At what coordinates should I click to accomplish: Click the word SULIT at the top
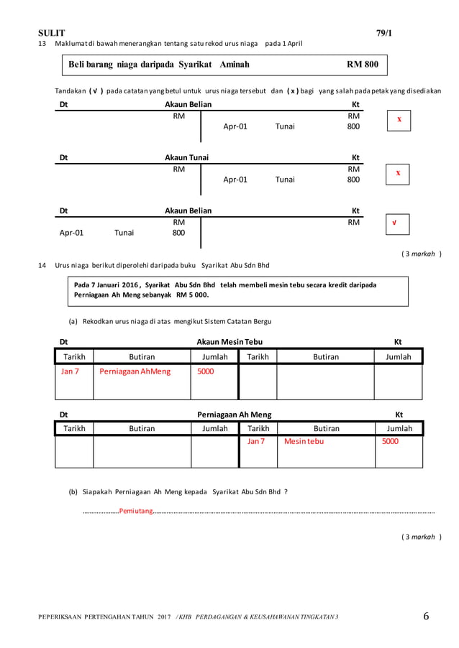click(51, 33)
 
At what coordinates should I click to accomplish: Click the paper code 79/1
click(384, 33)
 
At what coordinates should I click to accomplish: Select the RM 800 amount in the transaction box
click(362, 65)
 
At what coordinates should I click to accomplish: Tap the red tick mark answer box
click(394, 223)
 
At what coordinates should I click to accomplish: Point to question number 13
click(41, 44)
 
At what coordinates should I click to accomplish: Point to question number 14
click(41, 267)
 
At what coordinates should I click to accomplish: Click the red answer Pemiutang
click(136, 511)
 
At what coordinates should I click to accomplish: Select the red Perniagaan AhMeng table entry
click(135, 371)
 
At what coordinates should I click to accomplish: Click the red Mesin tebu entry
click(304, 441)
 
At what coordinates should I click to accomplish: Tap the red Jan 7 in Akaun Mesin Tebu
click(69, 371)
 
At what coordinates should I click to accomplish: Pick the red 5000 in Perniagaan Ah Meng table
click(389, 441)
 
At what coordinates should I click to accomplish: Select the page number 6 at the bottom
click(426, 616)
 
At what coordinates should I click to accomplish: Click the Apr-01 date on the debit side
click(71, 233)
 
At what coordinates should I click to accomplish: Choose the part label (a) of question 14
click(73, 321)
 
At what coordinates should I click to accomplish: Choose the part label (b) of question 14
click(73, 491)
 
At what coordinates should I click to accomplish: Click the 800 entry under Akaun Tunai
click(353, 180)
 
